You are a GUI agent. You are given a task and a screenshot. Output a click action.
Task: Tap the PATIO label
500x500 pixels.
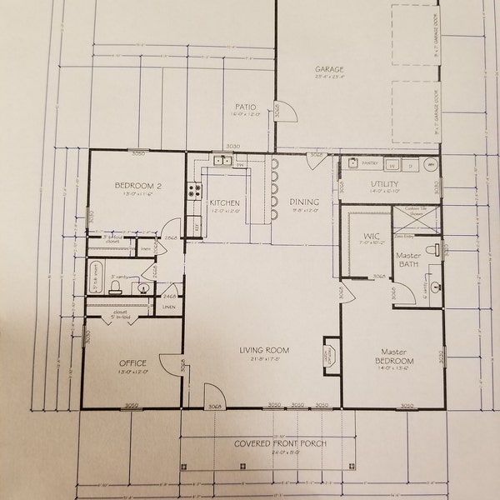[244, 107]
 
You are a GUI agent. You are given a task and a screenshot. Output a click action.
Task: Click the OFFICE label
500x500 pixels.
[132, 362]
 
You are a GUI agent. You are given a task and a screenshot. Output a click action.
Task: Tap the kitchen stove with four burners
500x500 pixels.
[195, 191]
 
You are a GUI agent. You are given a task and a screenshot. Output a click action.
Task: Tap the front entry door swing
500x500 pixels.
[212, 397]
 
